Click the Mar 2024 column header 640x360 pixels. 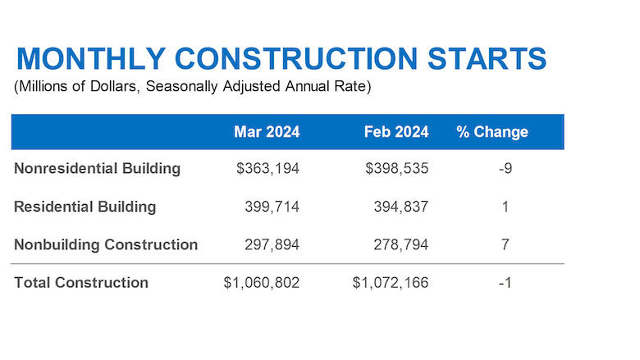tap(267, 132)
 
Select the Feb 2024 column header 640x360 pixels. tap(396, 132)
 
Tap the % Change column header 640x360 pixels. tap(492, 132)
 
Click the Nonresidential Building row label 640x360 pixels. tap(97, 168)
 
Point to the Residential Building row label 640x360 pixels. tap(85, 207)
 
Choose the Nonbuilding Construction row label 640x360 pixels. tap(106, 244)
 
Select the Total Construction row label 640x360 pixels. tap(81, 283)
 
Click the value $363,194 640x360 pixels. tap(267, 168)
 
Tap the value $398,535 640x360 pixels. tap(397, 168)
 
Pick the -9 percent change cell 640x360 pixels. tap(505, 168)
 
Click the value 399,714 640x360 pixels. tap(272, 207)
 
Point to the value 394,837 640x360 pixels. tap(401, 207)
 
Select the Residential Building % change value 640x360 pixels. tap(505, 207)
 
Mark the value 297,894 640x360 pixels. tap(272, 244)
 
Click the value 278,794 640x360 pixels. tap(401, 244)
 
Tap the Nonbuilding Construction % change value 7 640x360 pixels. tap(505, 244)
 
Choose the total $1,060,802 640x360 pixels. tap(261, 283)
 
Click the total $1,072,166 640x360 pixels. tap(391, 283)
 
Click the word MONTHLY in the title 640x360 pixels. tap(91, 58)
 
